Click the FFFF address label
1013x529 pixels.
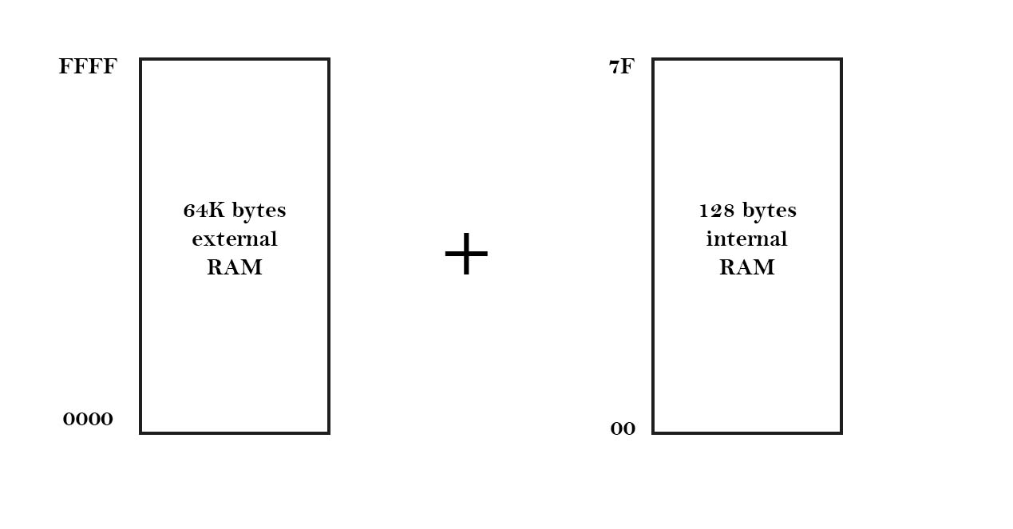click(x=88, y=67)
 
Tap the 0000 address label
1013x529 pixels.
click(x=88, y=419)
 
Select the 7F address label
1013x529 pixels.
click(x=621, y=67)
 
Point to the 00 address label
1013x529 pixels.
click(x=623, y=429)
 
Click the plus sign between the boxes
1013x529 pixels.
click(x=466, y=255)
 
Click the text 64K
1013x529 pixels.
click(x=205, y=211)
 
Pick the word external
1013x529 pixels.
click(x=235, y=239)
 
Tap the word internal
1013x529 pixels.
click(x=746, y=239)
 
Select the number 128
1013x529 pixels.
click(x=717, y=211)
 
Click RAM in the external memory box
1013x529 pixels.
click(x=235, y=267)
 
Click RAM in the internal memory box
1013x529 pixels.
click(x=746, y=267)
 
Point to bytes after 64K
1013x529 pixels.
click(x=259, y=211)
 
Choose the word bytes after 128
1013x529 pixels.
click(x=769, y=211)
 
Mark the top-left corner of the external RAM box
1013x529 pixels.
click(x=141, y=59)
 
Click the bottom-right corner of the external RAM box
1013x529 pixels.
click(x=328, y=432)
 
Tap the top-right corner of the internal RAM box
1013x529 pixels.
click(x=841, y=59)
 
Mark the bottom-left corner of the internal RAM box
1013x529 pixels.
click(x=654, y=432)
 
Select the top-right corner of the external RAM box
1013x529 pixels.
click(x=328, y=59)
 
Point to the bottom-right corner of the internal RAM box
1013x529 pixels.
click(x=841, y=432)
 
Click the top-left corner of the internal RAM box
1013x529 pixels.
click(x=654, y=59)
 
